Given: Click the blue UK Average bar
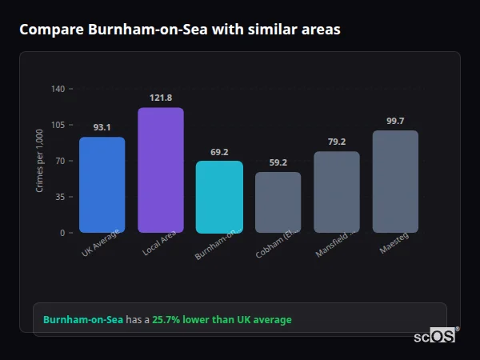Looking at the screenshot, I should point(102,185).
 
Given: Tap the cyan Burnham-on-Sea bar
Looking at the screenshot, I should point(219,197).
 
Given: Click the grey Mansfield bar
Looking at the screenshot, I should point(337,192).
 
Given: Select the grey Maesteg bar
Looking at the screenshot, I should point(395,182).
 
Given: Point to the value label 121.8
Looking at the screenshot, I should point(161,98).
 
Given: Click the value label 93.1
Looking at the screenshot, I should point(102,127).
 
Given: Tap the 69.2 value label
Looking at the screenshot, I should point(219,151).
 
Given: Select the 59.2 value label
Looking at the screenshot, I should point(278,162).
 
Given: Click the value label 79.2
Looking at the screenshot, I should point(337,142).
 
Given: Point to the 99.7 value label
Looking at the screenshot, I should point(395,121).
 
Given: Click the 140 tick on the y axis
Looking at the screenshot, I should point(58,89).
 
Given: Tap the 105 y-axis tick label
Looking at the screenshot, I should point(58,125).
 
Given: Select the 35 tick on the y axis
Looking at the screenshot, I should point(60,197).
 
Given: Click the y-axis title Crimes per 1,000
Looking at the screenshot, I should point(39,161).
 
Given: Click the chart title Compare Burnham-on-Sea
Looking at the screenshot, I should point(180,30).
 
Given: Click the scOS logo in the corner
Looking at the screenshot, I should point(435,336).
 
